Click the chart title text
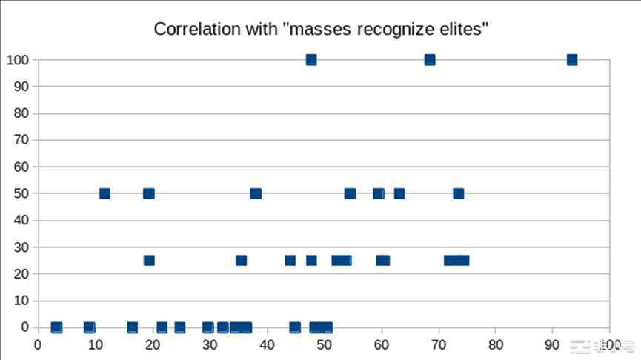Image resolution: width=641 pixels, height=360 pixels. click(321, 30)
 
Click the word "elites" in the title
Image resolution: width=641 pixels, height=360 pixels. click(465, 30)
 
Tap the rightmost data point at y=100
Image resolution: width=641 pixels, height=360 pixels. click(571, 60)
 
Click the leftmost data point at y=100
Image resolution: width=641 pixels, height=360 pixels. click(311, 60)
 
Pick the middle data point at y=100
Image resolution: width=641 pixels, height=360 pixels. click(430, 60)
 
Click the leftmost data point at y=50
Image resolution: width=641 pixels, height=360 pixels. click(104, 194)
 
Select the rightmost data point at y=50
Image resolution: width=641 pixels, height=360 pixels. click(458, 194)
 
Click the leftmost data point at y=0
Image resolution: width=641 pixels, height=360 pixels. click(56, 327)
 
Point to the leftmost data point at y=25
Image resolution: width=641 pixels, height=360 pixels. click(149, 261)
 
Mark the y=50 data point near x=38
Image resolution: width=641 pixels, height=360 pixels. click(256, 194)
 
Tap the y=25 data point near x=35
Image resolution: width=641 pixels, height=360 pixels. click(241, 261)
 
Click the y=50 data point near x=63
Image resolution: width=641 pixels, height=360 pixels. click(399, 194)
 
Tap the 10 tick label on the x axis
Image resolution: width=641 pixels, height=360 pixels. click(96, 344)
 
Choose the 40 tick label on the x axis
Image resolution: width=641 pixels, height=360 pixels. click(267, 344)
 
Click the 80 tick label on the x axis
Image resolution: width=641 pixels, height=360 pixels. click(496, 344)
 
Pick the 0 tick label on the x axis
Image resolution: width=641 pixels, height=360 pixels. click(38, 344)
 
